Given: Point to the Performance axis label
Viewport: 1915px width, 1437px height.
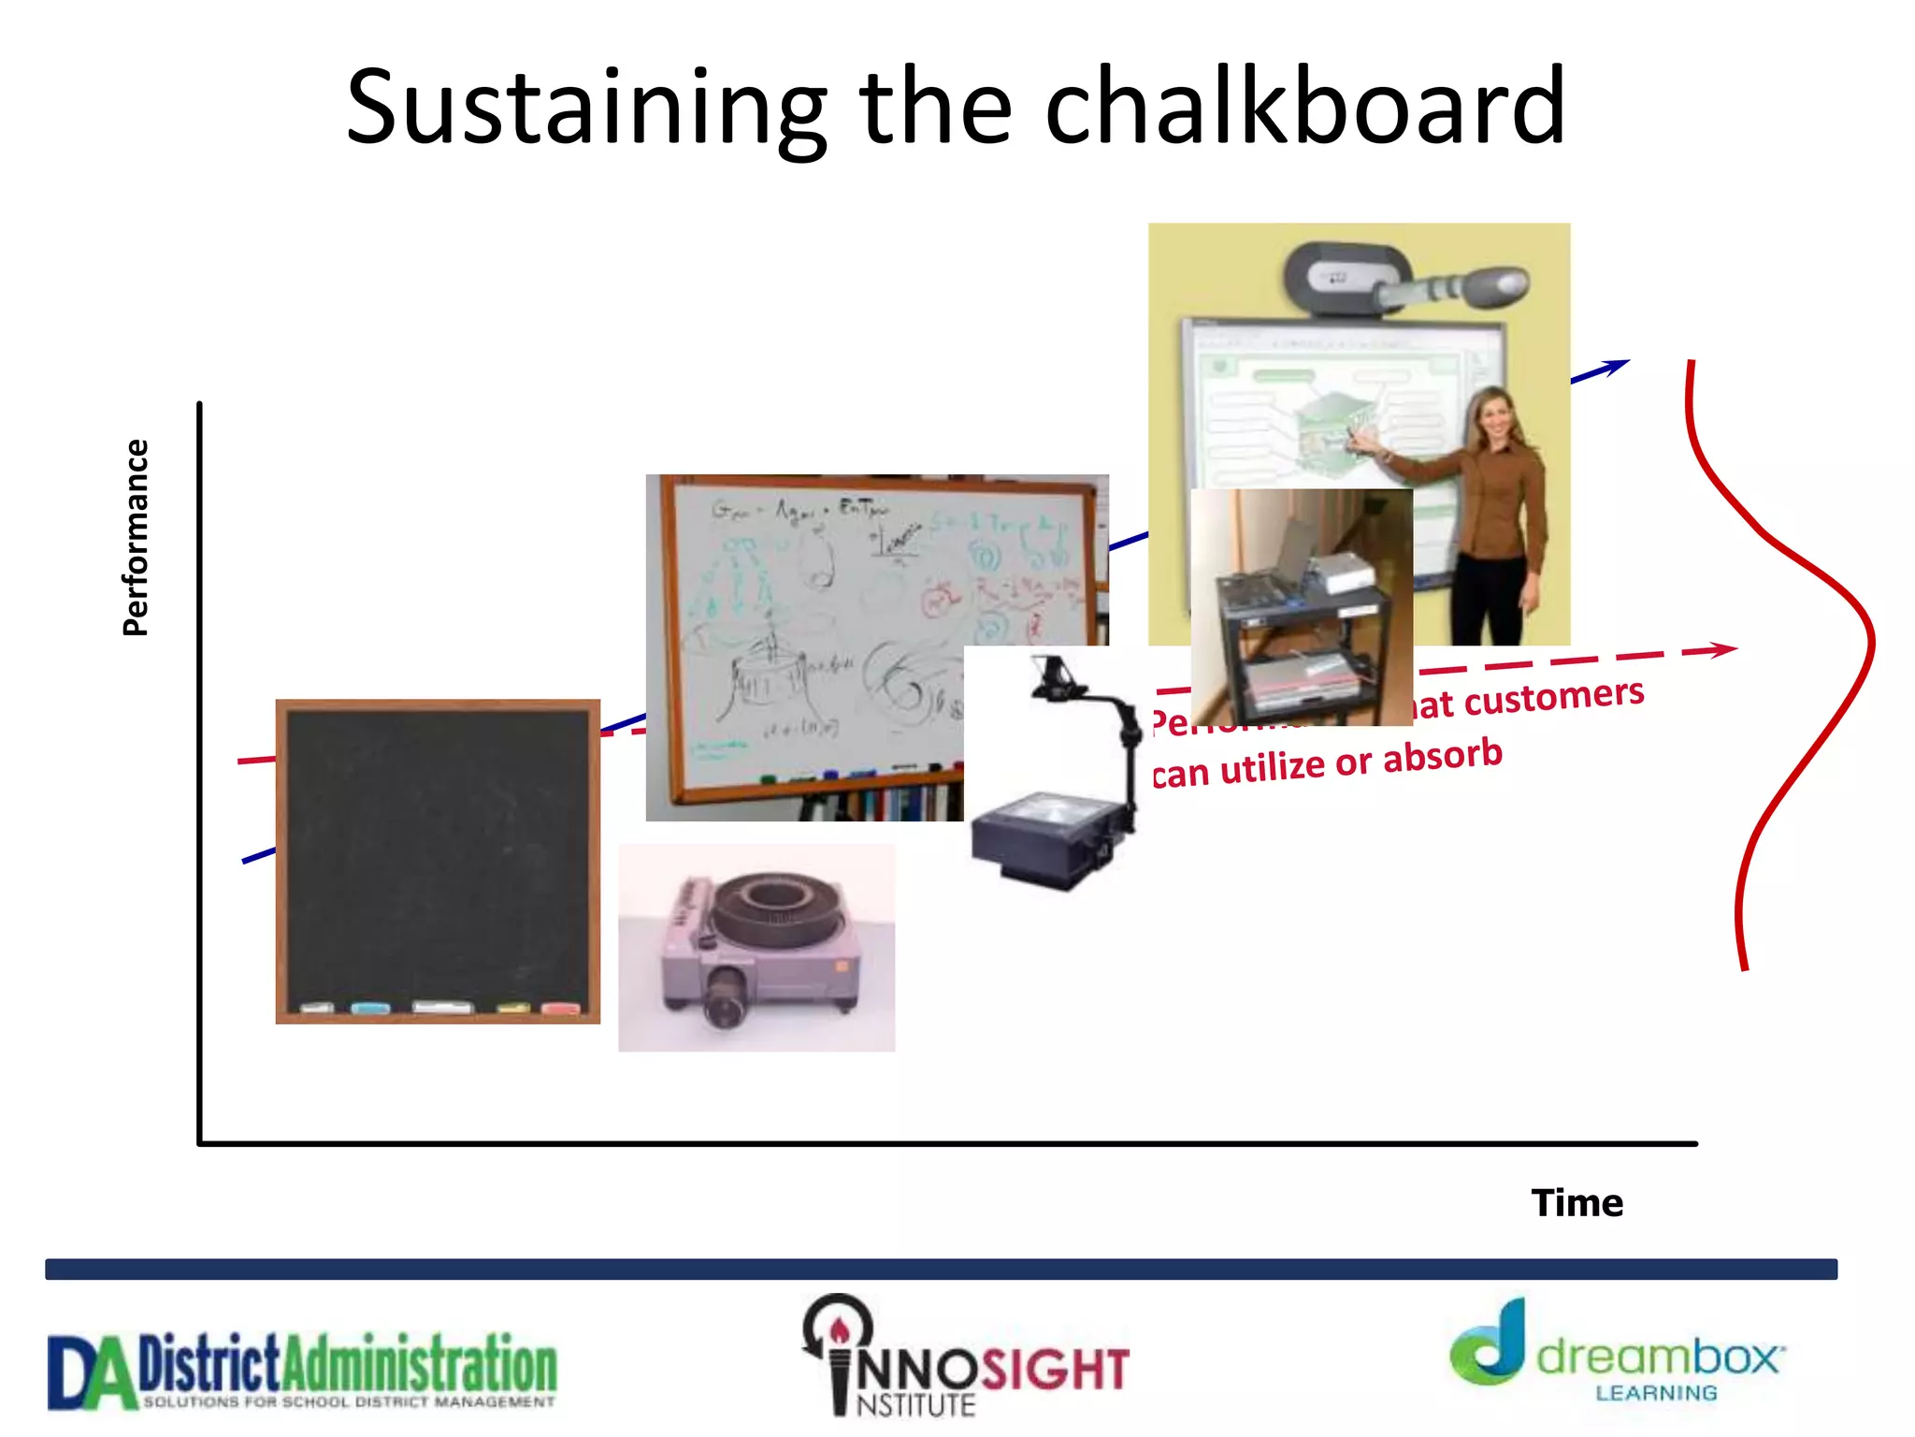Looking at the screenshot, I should click(x=137, y=538).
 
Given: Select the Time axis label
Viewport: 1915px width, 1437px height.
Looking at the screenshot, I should click(x=1577, y=1203).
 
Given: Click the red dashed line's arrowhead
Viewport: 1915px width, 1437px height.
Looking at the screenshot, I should click(x=1721, y=648).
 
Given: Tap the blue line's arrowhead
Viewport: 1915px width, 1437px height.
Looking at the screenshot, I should click(x=1616, y=366).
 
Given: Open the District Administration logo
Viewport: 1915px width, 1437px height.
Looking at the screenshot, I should click(x=302, y=1371).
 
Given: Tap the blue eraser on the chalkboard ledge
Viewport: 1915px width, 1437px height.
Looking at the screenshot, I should click(x=371, y=1008).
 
